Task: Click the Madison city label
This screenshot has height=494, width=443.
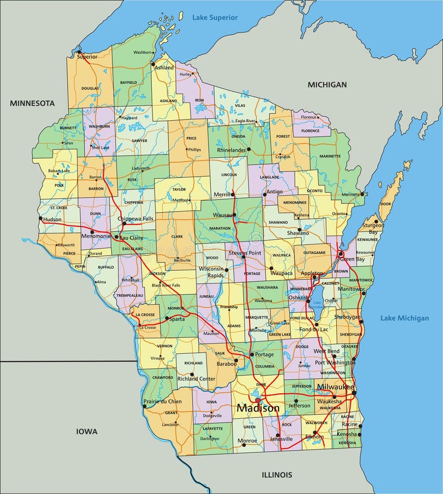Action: [x=258, y=408]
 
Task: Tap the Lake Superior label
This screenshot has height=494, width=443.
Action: [x=215, y=18]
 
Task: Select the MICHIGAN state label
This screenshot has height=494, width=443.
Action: [x=327, y=85]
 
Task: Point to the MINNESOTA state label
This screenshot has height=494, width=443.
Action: [x=32, y=104]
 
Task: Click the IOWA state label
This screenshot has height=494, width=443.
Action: [x=87, y=431]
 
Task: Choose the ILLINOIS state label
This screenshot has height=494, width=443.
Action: [x=276, y=475]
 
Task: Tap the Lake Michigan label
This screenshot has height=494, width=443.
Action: [x=404, y=318]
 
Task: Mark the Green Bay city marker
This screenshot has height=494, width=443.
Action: [x=341, y=254]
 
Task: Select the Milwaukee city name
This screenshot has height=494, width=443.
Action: [x=336, y=387]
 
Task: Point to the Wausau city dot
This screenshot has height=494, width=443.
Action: [x=234, y=215]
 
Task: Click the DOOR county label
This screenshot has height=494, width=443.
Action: [x=385, y=204]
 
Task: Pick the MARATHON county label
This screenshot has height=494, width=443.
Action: [x=220, y=228]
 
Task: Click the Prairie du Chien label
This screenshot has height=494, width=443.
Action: [x=163, y=401]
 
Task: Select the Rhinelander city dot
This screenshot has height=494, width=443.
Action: [x=249, y=149]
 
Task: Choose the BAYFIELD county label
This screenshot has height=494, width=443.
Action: [x=128, y=83]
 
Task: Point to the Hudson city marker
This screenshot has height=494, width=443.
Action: [x=40, y=218]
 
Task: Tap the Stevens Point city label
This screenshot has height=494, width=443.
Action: [x=244, y=253]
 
